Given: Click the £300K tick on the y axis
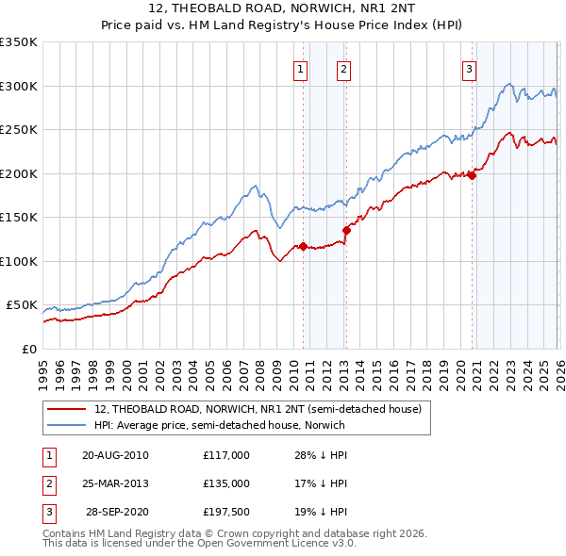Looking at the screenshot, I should click(19, 86).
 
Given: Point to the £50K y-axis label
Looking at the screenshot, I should click(22, 305).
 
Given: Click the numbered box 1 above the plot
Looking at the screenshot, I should click(300, 68).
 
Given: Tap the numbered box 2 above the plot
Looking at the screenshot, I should click(343, 68).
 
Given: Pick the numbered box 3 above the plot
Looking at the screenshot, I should click(468, 68).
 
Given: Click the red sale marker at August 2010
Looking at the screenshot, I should click(303, 247).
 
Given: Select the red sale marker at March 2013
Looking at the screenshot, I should click(346, 230).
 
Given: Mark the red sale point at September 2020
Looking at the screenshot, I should click(473, 175).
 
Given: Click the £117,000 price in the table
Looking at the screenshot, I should click(225, 455).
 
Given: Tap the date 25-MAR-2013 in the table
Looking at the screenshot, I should click(115, 483).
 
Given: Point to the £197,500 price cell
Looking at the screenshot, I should click(225, 512).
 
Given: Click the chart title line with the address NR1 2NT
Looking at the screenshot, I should click(283, 11).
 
